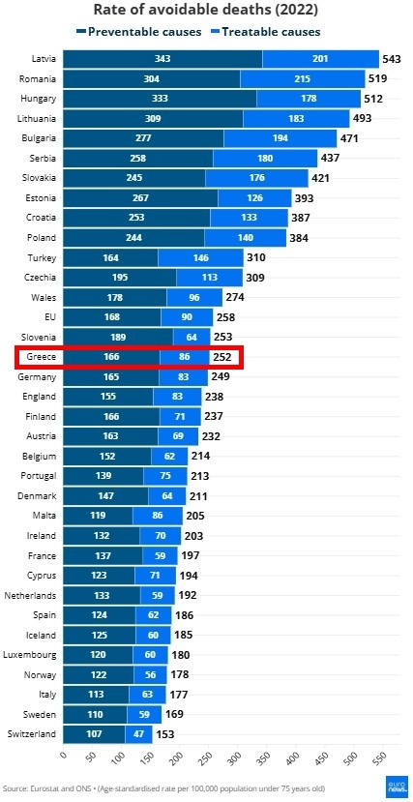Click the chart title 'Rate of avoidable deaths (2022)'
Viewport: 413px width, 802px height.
[205, 11]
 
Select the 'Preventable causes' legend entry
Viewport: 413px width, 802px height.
[140, 32]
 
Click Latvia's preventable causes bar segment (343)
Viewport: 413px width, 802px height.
[162, 59]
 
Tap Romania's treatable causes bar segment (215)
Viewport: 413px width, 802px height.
[303, 79]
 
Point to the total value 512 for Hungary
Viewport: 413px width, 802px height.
[373, 99]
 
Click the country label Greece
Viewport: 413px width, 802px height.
[40, 357]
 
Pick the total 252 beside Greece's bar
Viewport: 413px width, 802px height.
[222, 357]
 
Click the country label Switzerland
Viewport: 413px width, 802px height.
[31, 733]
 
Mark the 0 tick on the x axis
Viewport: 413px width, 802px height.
[63, 755]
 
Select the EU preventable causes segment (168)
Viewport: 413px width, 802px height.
[112, 317]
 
